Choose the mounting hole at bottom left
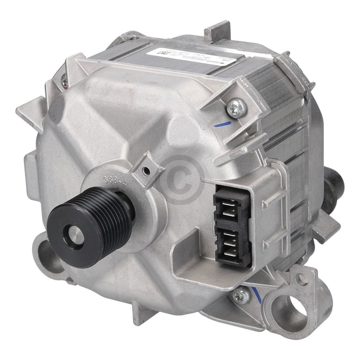coord(49,255)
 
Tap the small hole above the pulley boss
coord(145,171)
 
